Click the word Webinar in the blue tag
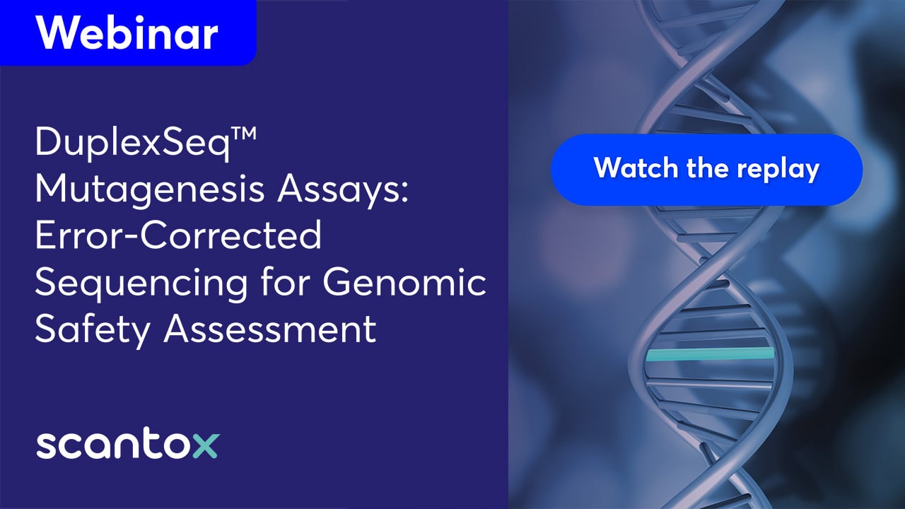point(127,33)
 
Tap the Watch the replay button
point(706,170)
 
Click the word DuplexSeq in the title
point(132,144)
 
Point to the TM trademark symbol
point(243,134)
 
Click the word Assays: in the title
point(343,190)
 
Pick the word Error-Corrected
point(179,235)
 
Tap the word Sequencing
point(141,283)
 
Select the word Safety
point(93,330)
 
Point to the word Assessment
point(270,329)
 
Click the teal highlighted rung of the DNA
point(710,354)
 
